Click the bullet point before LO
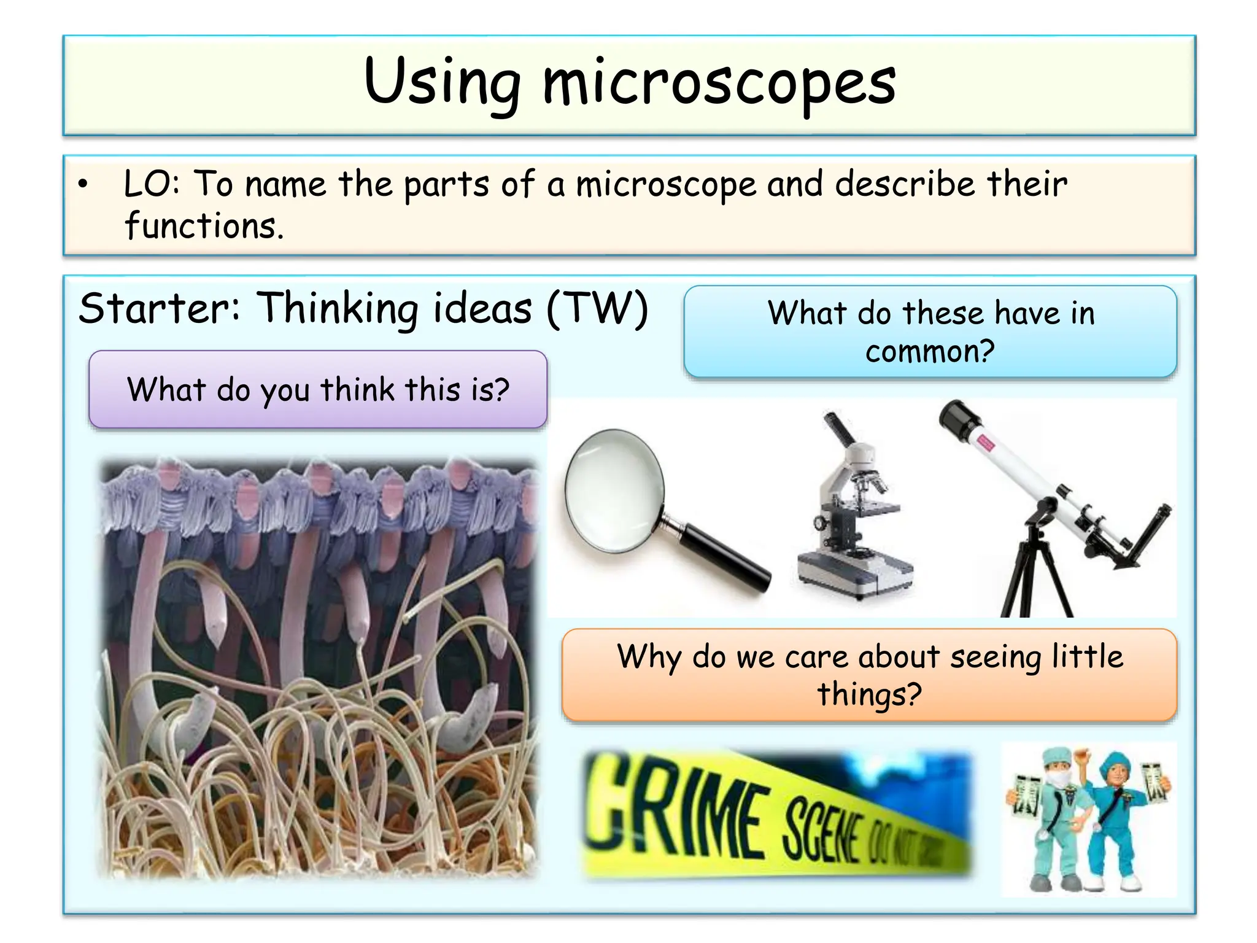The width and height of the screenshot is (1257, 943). [x=83, y=184]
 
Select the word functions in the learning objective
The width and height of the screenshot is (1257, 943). [x=203, y=226]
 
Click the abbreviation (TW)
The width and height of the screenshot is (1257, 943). [x=597, y=309]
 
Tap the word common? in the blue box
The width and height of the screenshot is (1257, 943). [x=930, y=352]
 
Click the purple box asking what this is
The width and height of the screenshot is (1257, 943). [x=318, y=389]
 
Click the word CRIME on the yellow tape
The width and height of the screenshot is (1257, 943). [x=675, y=804]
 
